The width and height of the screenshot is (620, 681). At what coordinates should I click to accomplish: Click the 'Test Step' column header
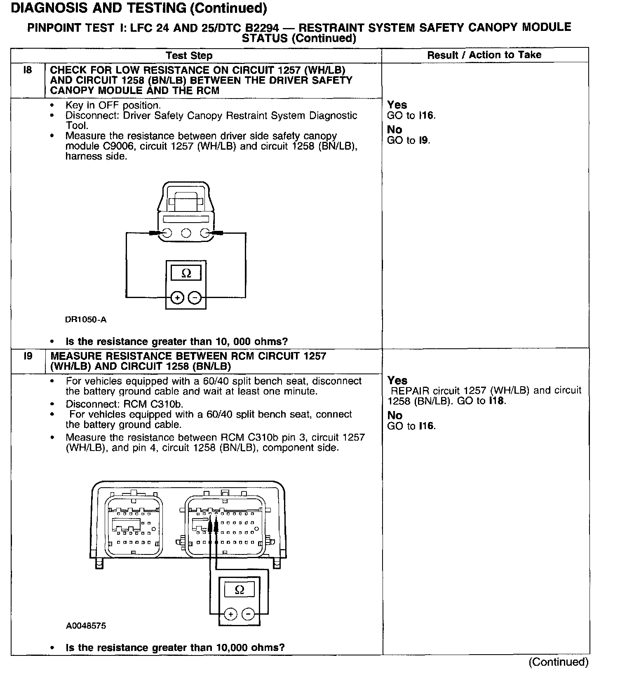[189, 56]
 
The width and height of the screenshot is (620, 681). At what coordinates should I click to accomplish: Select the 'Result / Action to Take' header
[484, 55]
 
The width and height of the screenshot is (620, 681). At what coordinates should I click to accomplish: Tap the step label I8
[28, 70]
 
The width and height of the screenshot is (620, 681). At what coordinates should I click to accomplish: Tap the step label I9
[28, 356]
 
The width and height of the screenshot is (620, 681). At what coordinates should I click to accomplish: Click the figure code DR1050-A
[86, 319]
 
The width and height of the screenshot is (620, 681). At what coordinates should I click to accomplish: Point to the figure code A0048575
[86, 626]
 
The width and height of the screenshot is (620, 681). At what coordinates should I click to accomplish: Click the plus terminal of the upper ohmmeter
[177, 297]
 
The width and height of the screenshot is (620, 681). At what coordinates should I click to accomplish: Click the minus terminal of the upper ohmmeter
[195, 297]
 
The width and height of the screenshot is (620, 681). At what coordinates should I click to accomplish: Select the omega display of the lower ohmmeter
[239, 590]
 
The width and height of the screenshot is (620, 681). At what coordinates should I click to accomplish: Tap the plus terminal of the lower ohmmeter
[230, 614]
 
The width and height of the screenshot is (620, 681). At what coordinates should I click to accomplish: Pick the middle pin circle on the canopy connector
[186, 233]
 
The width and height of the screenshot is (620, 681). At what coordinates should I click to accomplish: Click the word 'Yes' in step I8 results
[397, 105]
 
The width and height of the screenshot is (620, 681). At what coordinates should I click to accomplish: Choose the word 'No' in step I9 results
[395, 415]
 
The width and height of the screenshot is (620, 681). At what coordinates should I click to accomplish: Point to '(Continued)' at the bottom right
[559, 662]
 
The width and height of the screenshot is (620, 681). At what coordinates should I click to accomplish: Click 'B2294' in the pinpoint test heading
[261, 28]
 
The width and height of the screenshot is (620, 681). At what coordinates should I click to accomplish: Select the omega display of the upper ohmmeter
[186, 273]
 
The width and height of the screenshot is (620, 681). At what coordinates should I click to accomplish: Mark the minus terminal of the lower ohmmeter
[248, 614]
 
